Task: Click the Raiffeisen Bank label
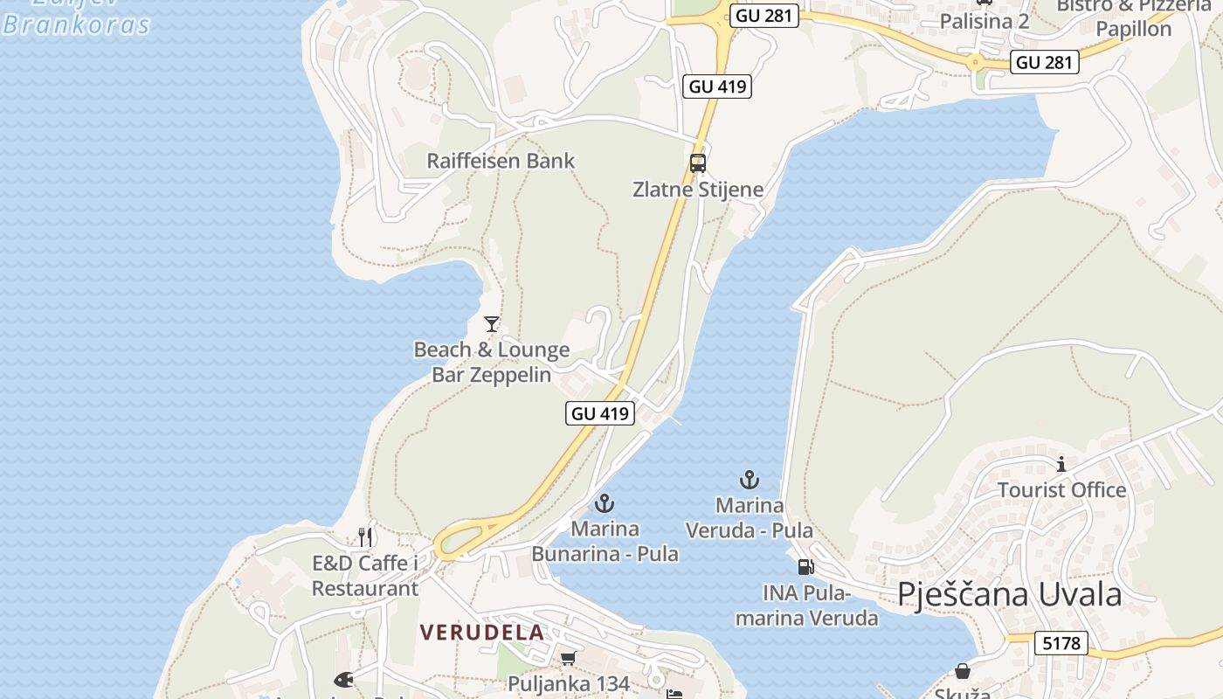point(501,161)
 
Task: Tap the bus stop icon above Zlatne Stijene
point(697,163)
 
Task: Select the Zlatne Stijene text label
point(697,190)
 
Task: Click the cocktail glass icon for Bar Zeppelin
point(492,324)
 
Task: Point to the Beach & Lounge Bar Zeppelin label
point(492,363)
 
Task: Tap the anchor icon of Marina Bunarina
point(604,503)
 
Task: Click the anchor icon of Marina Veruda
point(749,480)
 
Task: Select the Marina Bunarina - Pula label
point(605,542)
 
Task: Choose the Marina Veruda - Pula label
point(749,518)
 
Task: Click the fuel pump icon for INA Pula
point(805,567)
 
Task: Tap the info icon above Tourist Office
point(1061,464)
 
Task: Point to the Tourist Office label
point(1061,490)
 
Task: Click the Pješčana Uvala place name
point(1009,594)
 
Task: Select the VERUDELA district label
point(481,632)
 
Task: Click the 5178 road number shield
point(1061,644)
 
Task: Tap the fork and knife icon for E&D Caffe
point(365,536)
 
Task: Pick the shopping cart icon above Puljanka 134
point(569,658)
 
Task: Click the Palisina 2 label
point(985,21)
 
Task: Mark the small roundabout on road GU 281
point(974,61)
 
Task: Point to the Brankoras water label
point(76,24)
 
